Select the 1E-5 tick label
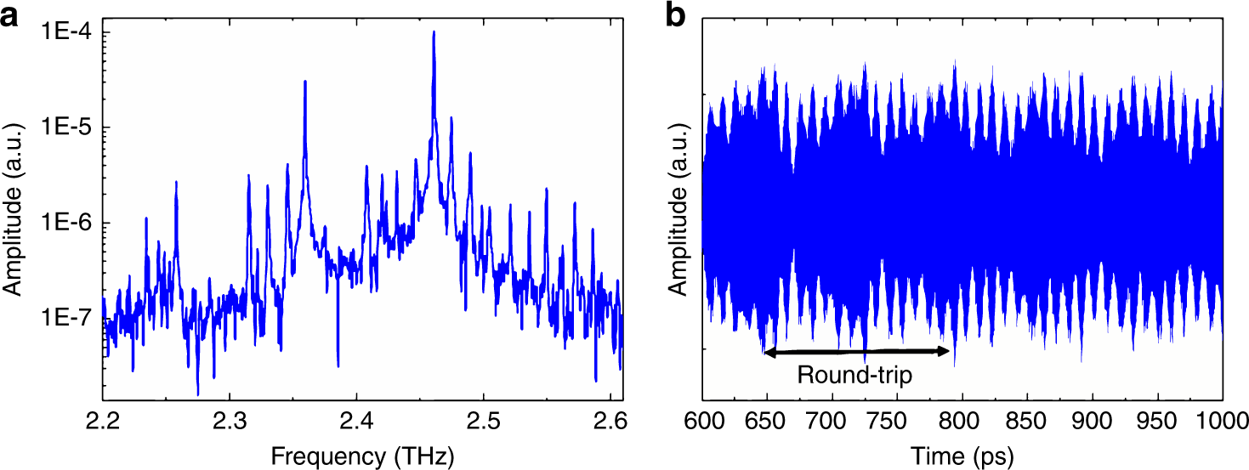coord(66,128)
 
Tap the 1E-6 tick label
coord(66,224)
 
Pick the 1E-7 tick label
coord(66,320)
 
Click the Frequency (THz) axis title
coord(362,456)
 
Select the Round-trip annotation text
coord(854,375)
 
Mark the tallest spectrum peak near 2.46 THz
coord(434,34)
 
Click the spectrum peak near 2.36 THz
coord(304,82)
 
